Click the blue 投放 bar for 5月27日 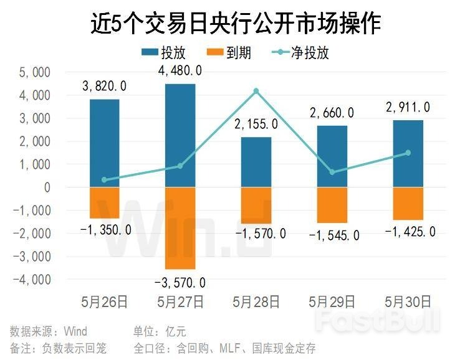click(180, 135)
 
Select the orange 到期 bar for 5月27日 click(180, 228)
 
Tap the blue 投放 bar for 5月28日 click(256, 162)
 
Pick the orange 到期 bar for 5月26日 click(104, 202)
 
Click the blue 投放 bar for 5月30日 click(408, 153)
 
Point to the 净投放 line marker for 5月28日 click(256, 91)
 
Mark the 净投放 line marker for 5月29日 click(332, 172)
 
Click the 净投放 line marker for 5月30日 click(408, 153)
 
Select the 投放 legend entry click(163, 52)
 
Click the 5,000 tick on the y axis click(36, 72)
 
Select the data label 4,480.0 click(180, 71)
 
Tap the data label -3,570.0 click(180, 283)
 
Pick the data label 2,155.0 click(256, 125)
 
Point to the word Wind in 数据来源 click(75, 331)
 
